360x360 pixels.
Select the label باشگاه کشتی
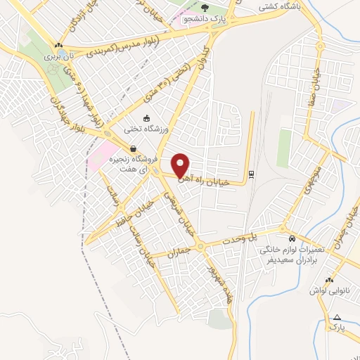278,8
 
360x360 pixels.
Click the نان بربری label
59,54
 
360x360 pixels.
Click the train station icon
251,174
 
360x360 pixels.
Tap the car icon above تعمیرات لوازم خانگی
292,237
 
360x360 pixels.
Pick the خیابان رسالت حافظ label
136,218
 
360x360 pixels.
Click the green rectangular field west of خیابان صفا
284,148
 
